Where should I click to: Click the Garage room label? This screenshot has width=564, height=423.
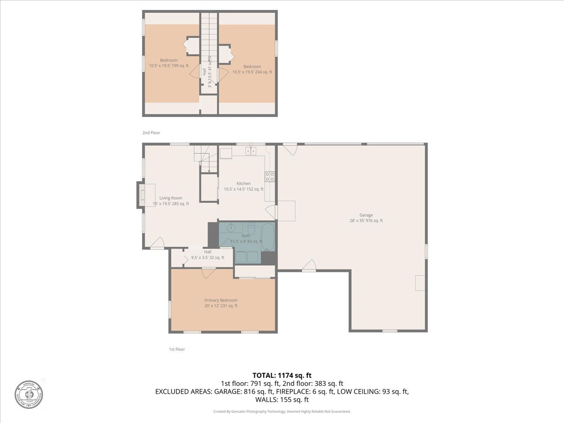click(x=366, y=218)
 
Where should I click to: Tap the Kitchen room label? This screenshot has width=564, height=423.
click(x=243, y=186)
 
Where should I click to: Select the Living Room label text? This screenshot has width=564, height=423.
click(x=171, y=201)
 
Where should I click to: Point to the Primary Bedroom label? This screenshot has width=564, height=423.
click(x=220, y=303)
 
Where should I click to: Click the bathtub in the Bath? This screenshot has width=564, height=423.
click(x=268, y=237)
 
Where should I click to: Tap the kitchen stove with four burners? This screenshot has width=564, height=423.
click(x=270, y=177)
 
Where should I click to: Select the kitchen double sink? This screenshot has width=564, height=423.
click(x=251, y=151)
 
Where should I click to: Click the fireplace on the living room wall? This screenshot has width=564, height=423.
click(x=141, y=195)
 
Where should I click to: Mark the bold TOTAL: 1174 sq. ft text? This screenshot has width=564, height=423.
click(x=282, y=375)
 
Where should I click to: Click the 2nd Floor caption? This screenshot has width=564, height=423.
click(x=151, y=133)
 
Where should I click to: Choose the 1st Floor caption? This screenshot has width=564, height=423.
click(x=177, y=349)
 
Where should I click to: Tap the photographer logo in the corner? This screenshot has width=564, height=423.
click(x=28, y=393)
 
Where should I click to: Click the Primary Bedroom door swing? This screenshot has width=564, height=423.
click(x=208, y=273)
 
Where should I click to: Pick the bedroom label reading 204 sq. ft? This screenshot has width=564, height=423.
click(x=252, y=69)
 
